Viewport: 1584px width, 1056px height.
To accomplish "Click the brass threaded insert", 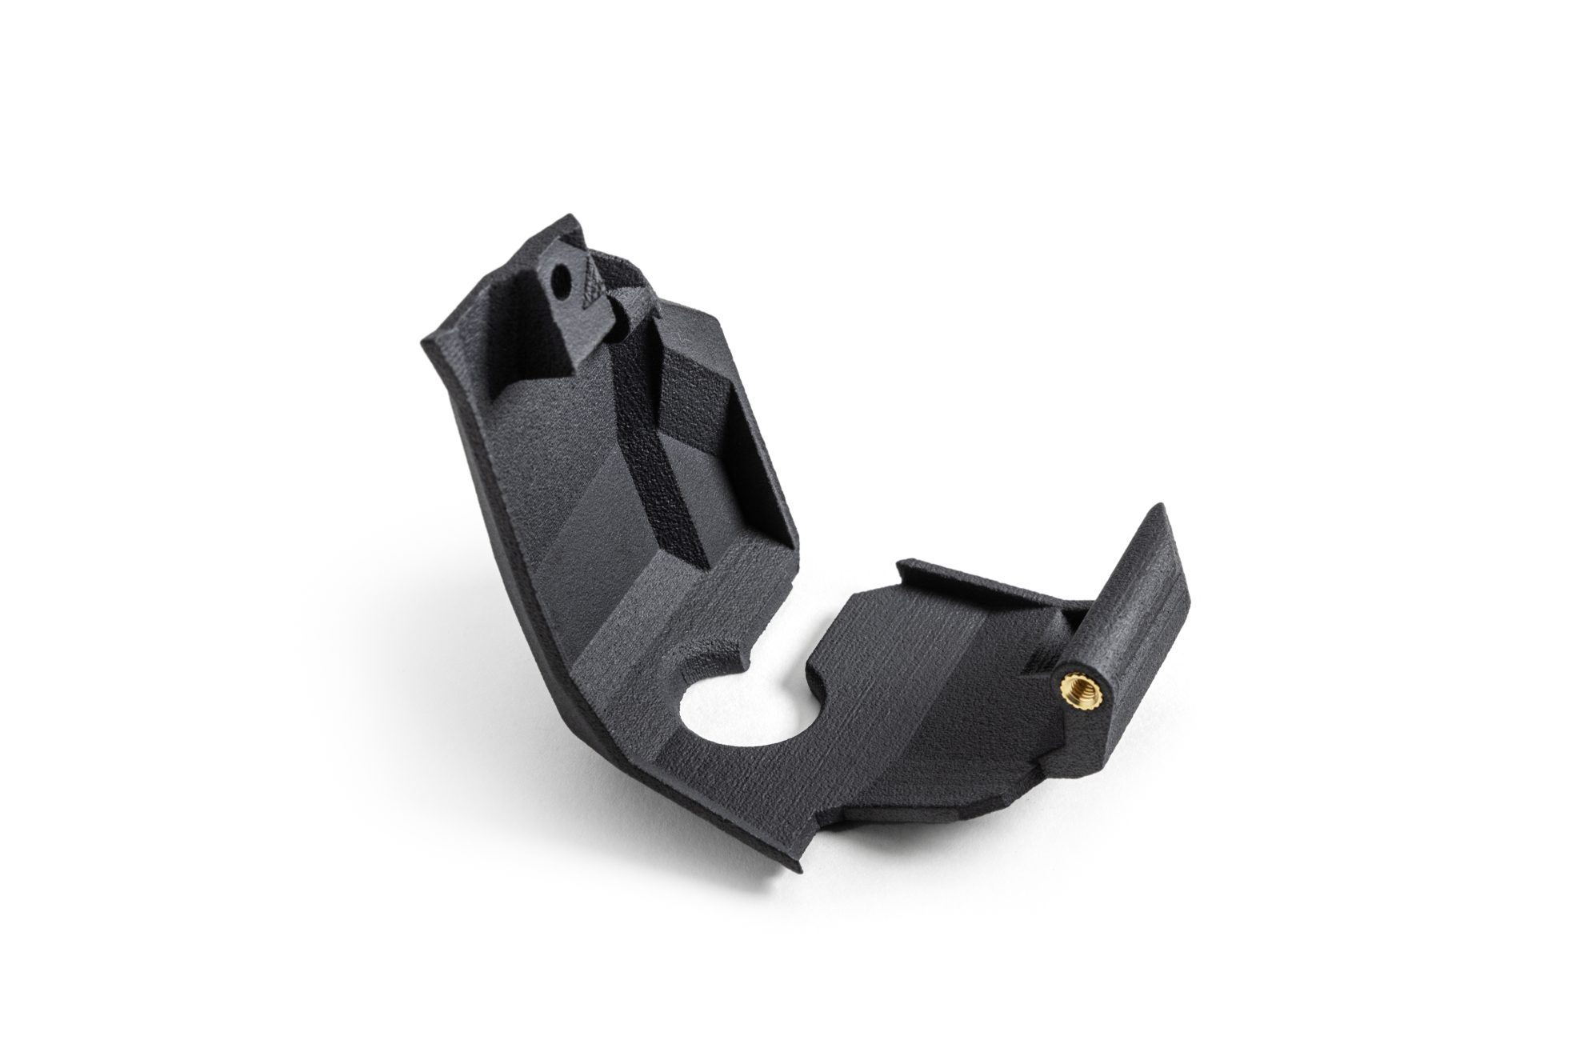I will coord(1070,687).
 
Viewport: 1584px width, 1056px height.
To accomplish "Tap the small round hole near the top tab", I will coord(562,281).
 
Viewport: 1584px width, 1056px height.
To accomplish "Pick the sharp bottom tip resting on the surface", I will coord(796,868).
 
